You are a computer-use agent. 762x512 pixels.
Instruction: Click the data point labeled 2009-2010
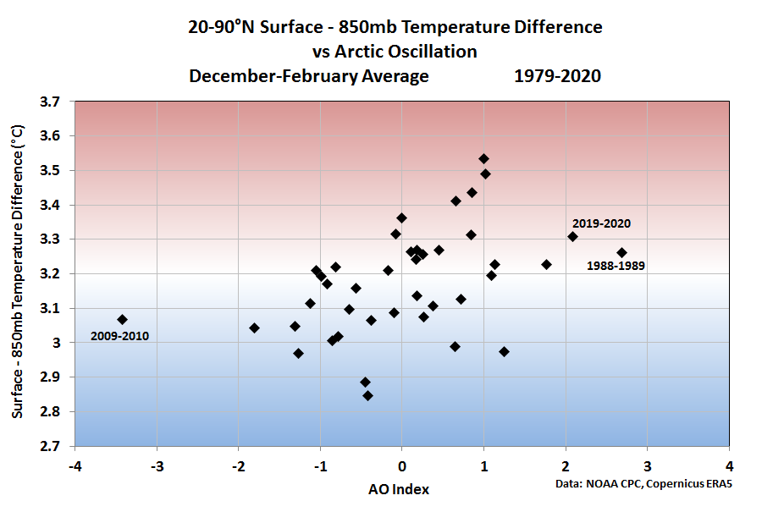coord(122,319)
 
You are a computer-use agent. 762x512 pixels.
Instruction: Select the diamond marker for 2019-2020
coord(572,236)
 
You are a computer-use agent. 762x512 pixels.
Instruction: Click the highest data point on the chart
coord(483,158)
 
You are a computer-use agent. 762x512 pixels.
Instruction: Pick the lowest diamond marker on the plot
coord(367,395)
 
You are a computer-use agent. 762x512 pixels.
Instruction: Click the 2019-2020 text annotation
coord(601,224)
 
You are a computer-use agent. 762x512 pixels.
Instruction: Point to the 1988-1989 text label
coord(616,266)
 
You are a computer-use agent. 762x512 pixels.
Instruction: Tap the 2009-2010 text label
coord(119,337)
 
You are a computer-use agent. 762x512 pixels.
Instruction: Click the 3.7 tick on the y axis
coord(52,102)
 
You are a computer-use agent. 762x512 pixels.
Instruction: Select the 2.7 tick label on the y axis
coord(52,446)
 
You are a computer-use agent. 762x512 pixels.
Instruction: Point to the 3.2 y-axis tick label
coord(52,274)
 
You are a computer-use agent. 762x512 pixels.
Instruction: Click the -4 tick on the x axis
coord(75,466)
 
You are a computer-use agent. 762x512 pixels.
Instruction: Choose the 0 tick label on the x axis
coord(402,466)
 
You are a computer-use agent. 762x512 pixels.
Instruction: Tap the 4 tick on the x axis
coord(730,466)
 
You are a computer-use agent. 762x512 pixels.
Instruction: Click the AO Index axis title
coord(398,489)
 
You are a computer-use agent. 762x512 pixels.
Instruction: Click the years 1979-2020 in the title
coord(556,76)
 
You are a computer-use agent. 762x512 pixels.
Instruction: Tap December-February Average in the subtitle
coord(309,76)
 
